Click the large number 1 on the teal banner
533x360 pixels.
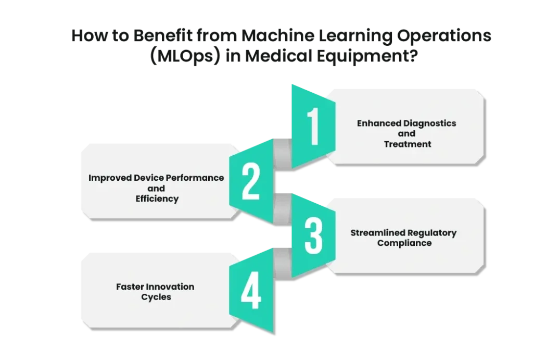pos(313,126)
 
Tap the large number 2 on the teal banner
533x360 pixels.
pos(251,181)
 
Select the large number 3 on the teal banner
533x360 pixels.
pos(313,236)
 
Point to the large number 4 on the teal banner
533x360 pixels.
pos(251,290)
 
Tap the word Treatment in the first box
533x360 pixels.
pos(408,144)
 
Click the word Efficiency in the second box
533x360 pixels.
pos(157,198)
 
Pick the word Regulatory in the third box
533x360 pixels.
pos(432,233)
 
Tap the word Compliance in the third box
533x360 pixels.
pos(404,243)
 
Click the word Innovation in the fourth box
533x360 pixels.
pos(170,287)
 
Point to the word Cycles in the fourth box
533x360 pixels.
pos(156,297)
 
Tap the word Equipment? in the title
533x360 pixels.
pos(367,56)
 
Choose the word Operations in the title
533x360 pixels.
pos(445,36)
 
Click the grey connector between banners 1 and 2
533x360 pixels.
pos(283,154)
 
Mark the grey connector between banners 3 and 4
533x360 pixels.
pos(283,263)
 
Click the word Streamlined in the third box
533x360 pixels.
pos(378,233)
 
